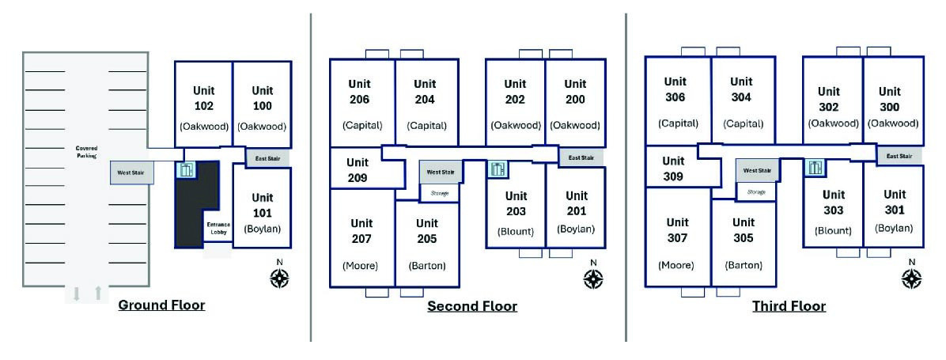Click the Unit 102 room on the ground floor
point(204,104)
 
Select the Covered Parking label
point(86,151)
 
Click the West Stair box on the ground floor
point(131,172)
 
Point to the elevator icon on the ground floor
point(187,169)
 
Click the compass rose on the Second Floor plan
point(594,278)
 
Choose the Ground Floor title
point(161,305)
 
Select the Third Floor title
point(789,306)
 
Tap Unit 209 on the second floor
point(358,170)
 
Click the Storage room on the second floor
point(439,193)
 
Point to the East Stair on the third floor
point(899,156)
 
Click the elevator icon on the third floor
point(815,168)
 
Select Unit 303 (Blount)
point(833,211)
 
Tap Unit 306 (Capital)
point(678,101)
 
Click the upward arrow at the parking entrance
point(98,293)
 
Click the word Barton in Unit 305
point(744,265)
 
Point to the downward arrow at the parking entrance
point(76,294)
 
